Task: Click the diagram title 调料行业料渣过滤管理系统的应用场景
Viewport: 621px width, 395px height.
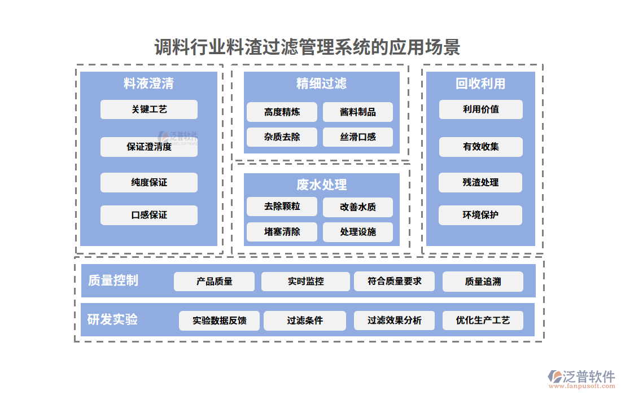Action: coord(307,47)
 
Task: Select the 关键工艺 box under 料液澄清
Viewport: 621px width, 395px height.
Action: coord(149,109)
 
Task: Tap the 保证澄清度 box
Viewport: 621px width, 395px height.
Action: coord(149,147)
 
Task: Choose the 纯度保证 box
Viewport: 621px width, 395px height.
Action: coord(149,183)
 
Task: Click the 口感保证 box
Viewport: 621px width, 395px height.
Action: coord(149,215)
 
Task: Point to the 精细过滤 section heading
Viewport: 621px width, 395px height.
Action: coord(321,84)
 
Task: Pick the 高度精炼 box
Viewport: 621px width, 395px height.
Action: coord(282,112)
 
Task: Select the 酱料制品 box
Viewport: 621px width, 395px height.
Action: coord(358,112)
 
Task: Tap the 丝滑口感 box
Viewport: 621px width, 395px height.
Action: coord(358,137)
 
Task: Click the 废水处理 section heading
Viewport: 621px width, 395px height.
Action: coord(321,185)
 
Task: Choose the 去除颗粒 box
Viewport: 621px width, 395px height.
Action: coord(282,207)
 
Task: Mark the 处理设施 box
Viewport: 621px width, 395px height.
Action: coord(358,232)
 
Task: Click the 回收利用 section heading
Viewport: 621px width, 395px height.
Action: coord(480,84)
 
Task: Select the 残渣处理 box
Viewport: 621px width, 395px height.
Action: coord(480,182)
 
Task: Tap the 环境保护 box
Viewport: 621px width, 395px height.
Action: coord(480,215)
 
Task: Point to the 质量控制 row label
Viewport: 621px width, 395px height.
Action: coord(113,280)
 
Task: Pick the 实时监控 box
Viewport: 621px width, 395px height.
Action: coord(305,281)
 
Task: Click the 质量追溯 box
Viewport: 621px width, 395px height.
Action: coord(483,281)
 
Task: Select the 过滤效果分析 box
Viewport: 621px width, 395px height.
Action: coord(395,321)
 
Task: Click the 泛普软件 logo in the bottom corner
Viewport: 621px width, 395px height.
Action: coord(581,377)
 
